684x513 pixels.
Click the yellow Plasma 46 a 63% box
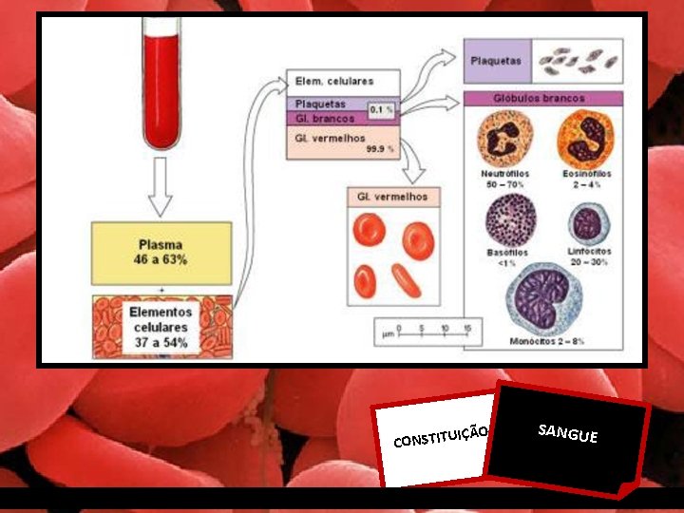coord(161,253)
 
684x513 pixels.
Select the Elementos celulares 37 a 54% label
coord(161,326)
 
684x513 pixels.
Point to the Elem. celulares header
coord(334,82)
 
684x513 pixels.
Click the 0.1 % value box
coord(382,110)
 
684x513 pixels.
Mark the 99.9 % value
coord(383,149)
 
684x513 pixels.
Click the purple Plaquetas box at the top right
coord(497,60)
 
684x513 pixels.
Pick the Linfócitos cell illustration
coord(589,224)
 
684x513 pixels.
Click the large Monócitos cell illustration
coord(545,299)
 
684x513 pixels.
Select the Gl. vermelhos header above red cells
coord(391,197)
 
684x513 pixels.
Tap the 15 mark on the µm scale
coord(467,330)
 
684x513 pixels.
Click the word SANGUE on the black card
coord(567,434)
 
